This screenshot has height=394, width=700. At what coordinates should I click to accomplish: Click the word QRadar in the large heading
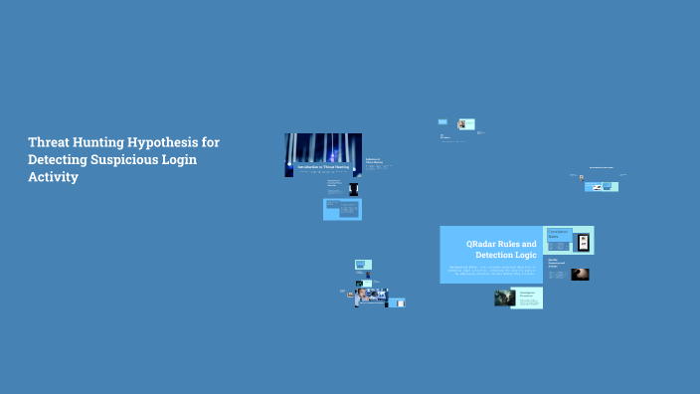(485, 243)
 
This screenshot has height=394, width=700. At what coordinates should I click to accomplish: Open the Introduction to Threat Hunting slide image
(323, 155)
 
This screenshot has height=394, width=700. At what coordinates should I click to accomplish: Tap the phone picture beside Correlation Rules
(584, 241)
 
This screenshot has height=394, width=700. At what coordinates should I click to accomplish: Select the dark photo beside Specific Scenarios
(580, 274)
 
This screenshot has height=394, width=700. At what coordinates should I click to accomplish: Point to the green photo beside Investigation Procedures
(504, 297)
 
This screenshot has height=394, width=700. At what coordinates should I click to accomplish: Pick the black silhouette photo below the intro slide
(353, 188)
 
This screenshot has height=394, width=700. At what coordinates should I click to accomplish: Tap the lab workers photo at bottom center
(369, 296)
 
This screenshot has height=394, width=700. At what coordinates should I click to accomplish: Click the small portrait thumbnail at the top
(462, 125)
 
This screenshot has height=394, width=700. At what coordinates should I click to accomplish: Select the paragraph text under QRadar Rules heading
(489, 272)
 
